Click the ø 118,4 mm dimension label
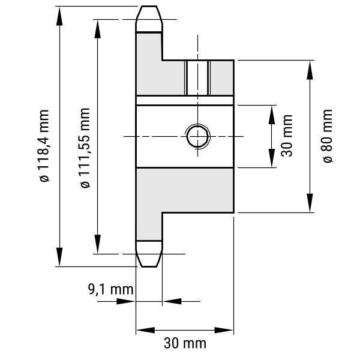44,146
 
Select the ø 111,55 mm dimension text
85,148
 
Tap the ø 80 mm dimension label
328,136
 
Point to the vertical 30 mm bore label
287,136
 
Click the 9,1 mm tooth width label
110,289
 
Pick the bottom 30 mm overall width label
185,343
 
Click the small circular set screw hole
197,136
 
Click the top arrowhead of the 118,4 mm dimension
59,16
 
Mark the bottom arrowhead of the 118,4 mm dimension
59,257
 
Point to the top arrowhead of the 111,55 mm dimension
98,29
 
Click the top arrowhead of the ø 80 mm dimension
310,70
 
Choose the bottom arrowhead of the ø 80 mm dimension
310,203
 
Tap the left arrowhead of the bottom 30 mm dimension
146,331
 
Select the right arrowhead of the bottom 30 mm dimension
224,331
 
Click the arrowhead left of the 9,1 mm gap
126,301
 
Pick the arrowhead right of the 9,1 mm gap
172,301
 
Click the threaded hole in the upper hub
197,78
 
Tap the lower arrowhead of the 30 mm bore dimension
272,158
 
